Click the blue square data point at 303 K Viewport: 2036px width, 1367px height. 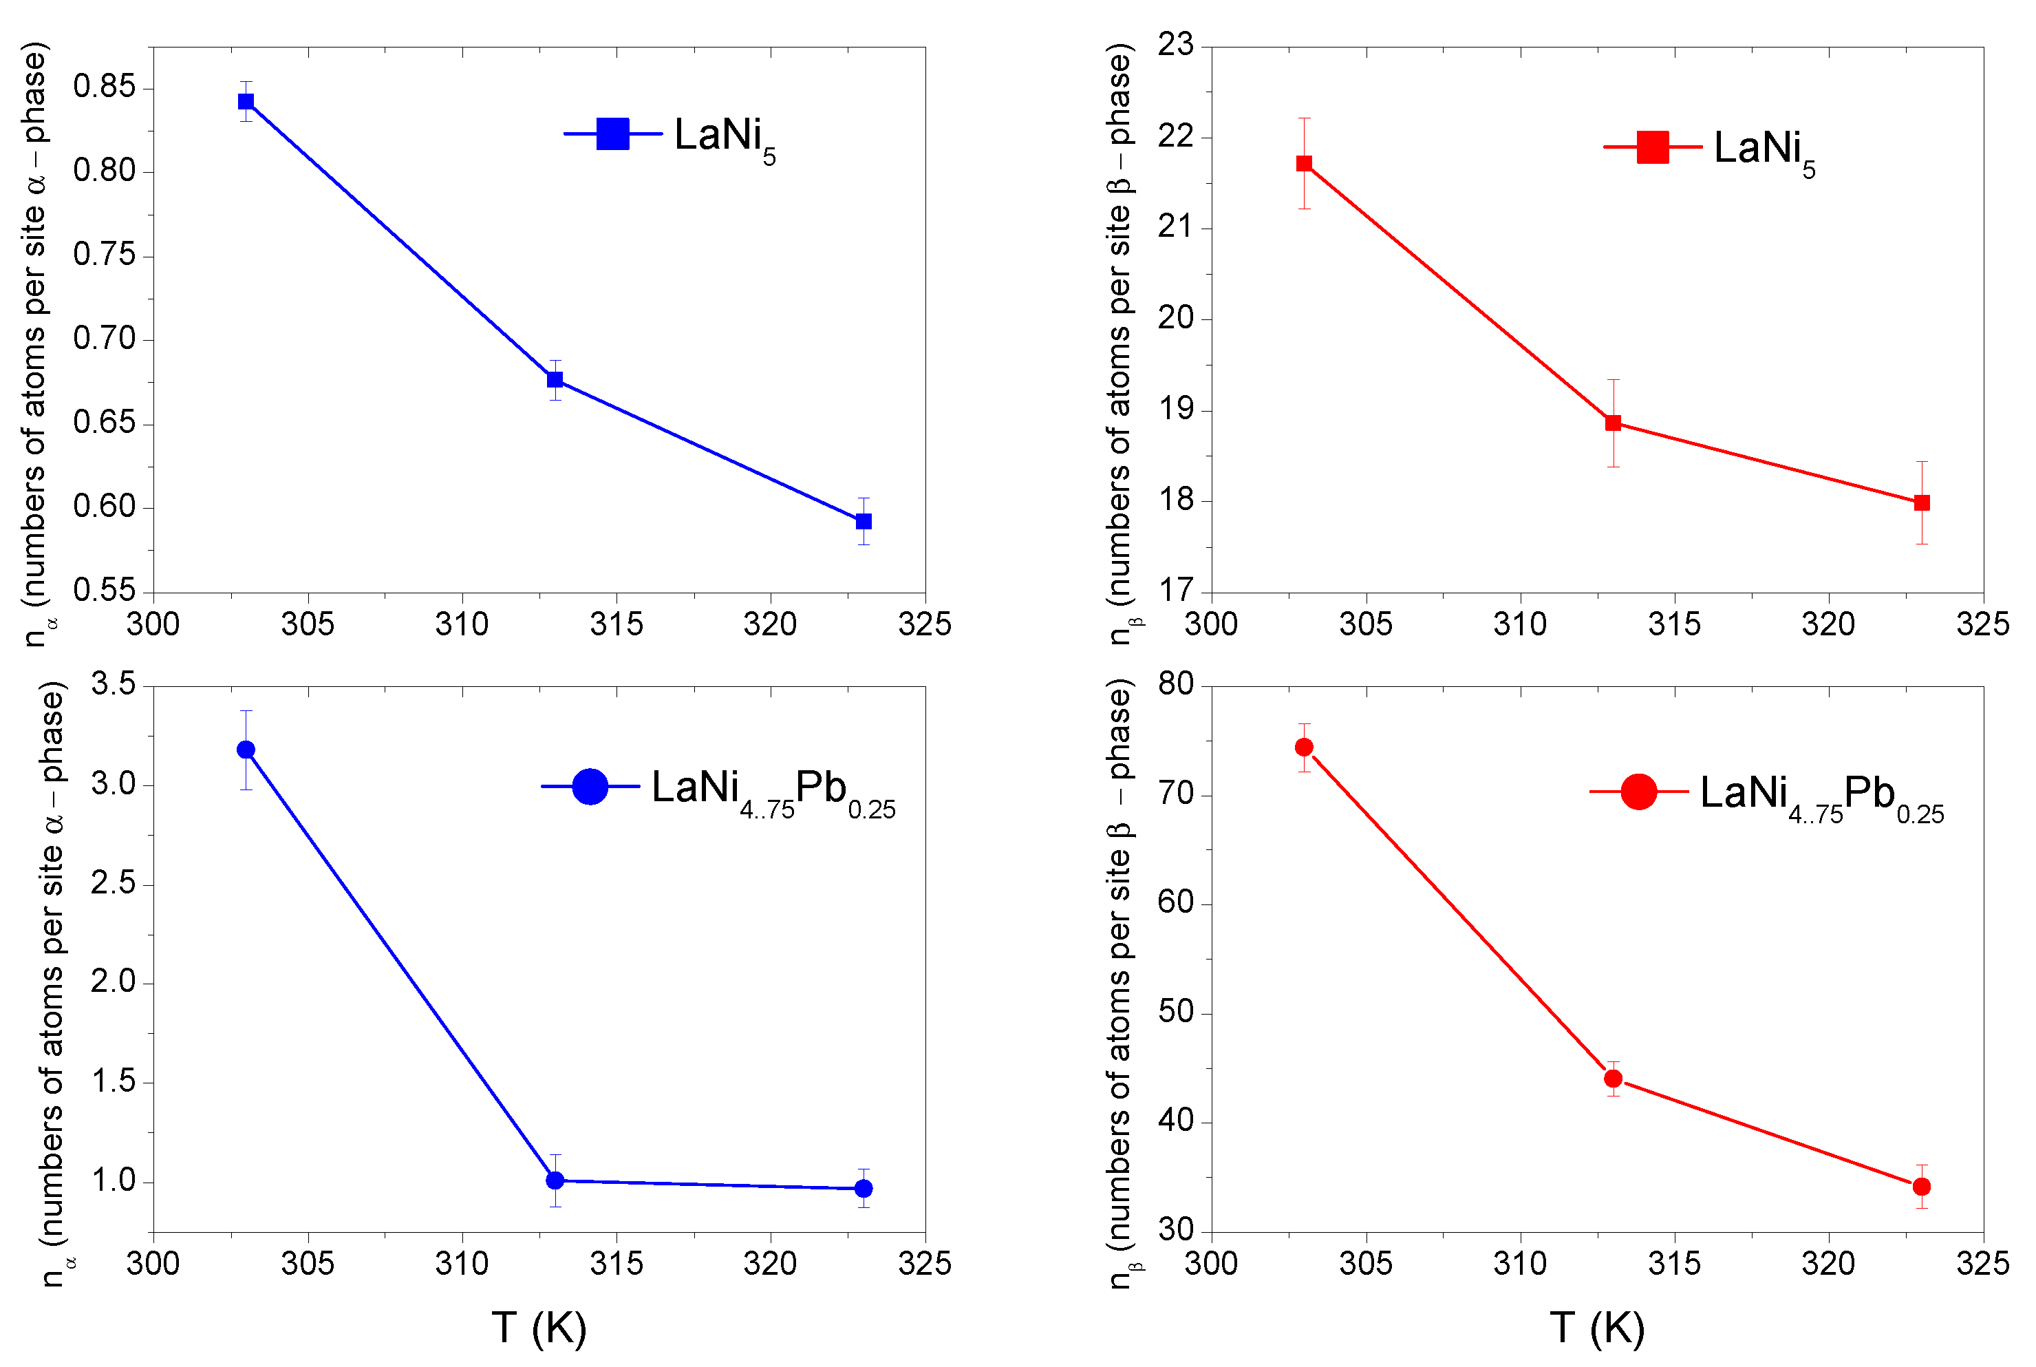coord(246,101)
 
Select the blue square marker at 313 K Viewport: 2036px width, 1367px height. coord(555,379)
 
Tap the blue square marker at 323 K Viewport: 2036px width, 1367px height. coord(863,521)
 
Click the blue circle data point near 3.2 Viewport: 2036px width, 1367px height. coord(246,750)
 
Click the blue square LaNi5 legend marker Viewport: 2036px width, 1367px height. coord(612,134)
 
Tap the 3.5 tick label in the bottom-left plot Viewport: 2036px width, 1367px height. coord(114,683)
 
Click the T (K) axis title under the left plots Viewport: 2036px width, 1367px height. coord(539,1328)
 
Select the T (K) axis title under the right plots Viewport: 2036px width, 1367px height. coord(1597,1328)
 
